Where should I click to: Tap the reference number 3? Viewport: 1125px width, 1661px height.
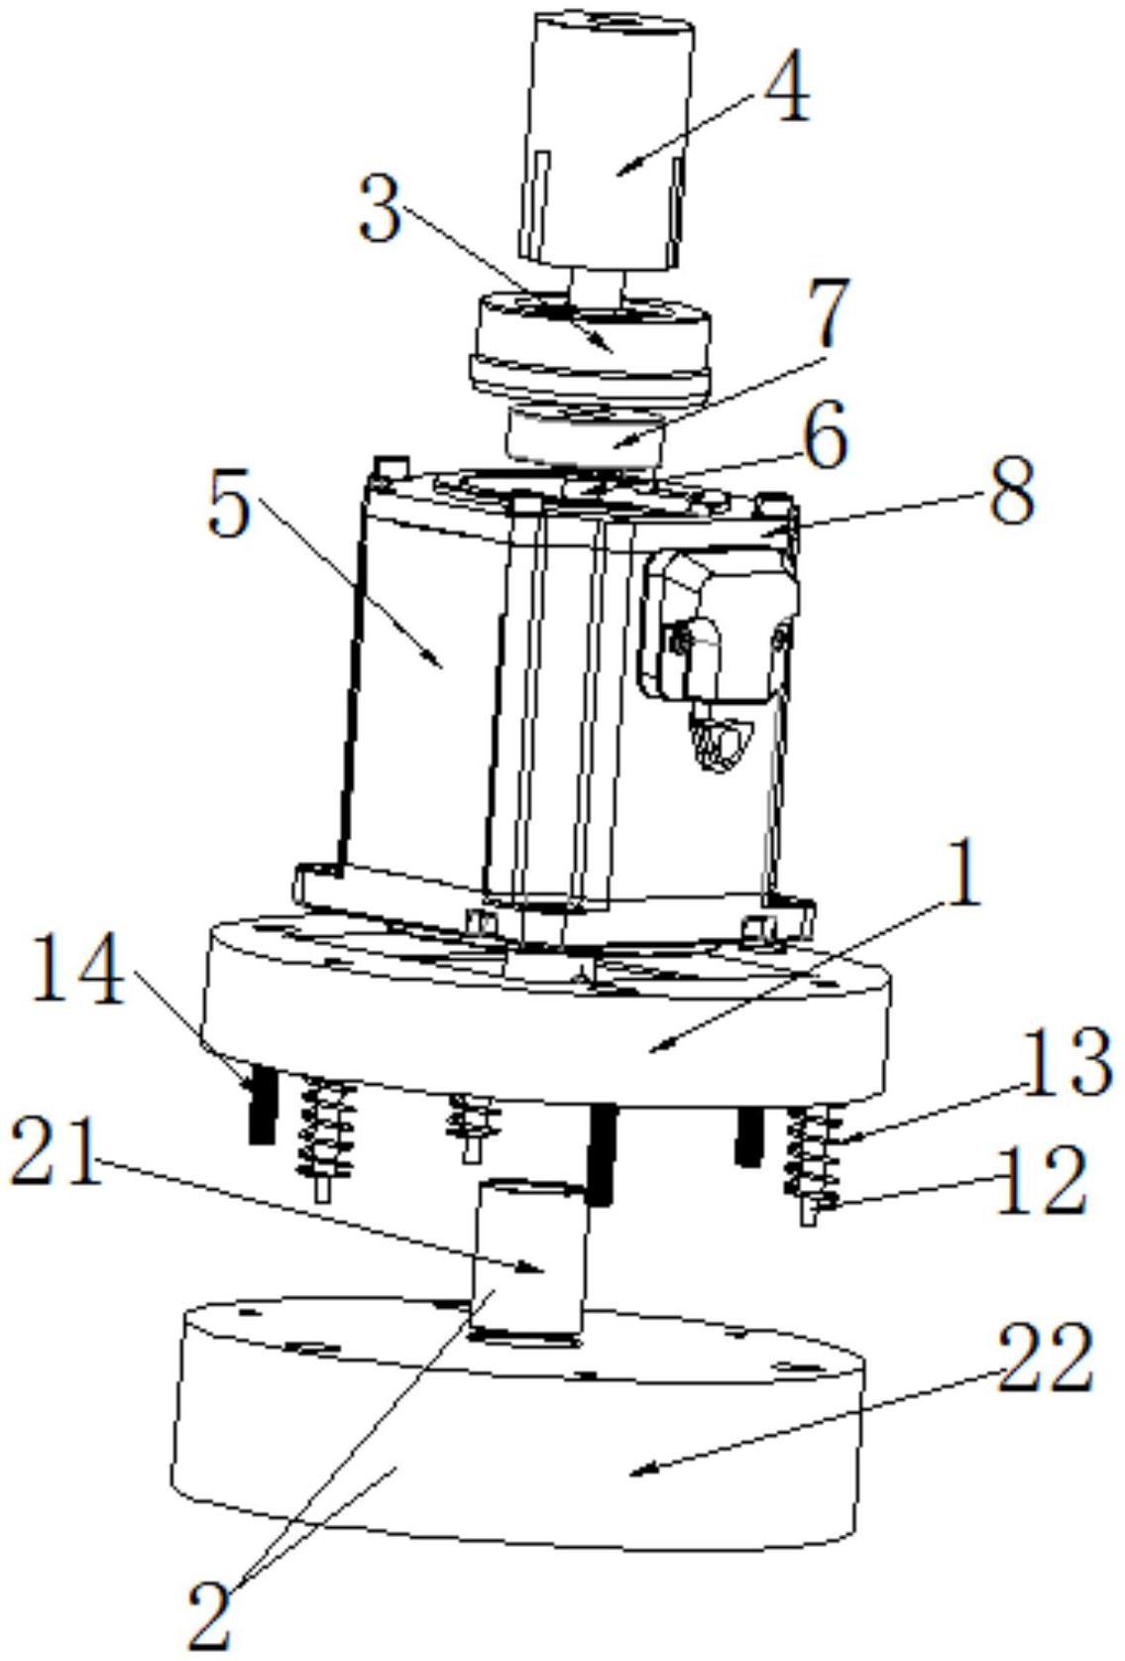(381, 210)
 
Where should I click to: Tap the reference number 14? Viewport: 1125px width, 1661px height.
(79, 972)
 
